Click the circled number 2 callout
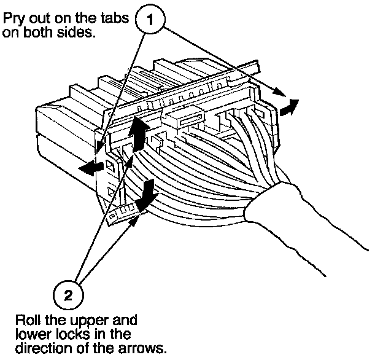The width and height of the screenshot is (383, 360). click(69, 294)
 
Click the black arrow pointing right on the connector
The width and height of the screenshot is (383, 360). click(288, 107)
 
